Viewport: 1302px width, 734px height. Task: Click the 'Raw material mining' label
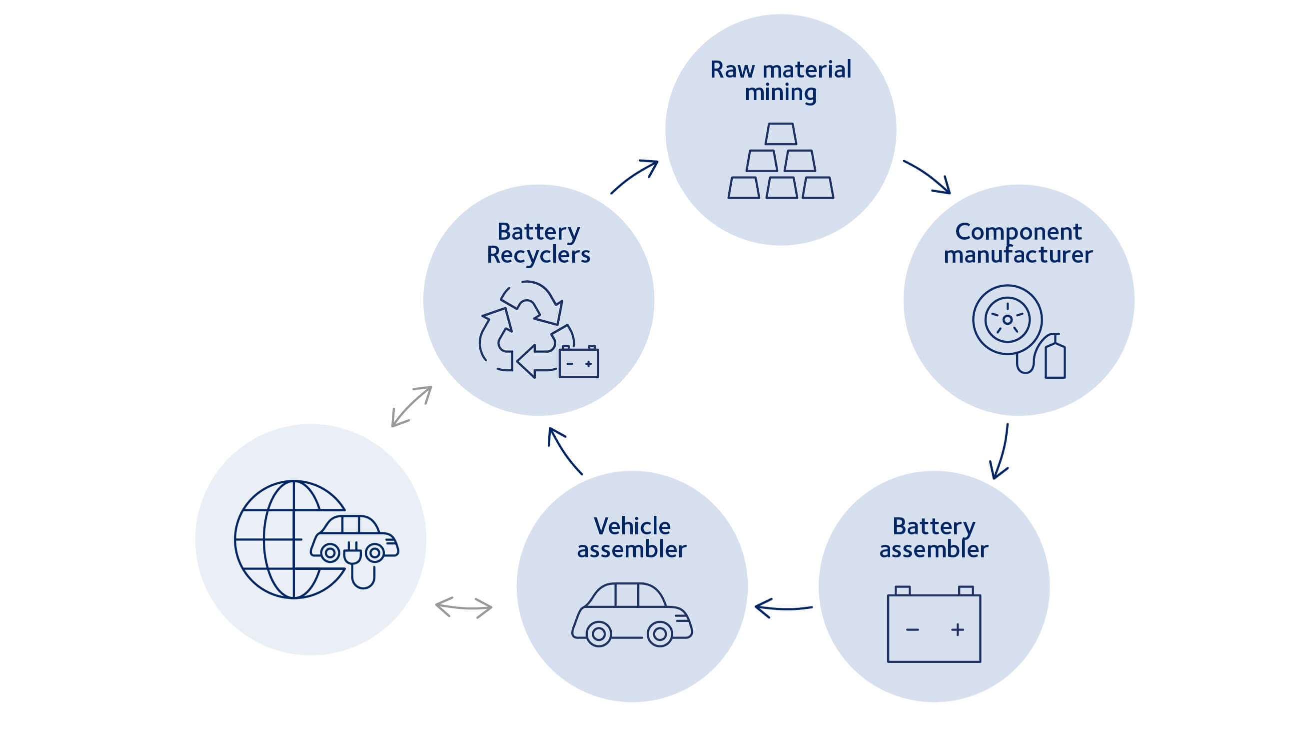tap(780, 81)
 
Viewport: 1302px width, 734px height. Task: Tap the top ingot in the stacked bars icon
tap(780, 134)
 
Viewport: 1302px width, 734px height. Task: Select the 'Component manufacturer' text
tap(1018, 243)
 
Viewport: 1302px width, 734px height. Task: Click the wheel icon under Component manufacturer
tap(1007, 320)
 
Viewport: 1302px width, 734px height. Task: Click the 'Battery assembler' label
tap(934, 538)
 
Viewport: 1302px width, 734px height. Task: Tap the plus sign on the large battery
tap(957, 629)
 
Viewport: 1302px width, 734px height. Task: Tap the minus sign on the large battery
tap(912, 629)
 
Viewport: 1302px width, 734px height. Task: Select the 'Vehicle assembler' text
tap(632, 538)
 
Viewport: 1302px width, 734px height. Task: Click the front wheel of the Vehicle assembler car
tap(660, 634)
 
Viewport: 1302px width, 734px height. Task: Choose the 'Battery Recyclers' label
tap(538, 243)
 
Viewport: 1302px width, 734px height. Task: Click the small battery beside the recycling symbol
tap(579, 362)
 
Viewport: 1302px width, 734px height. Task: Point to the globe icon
tap(283, 540)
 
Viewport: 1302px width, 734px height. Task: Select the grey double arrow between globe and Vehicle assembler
tap(463, 607)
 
